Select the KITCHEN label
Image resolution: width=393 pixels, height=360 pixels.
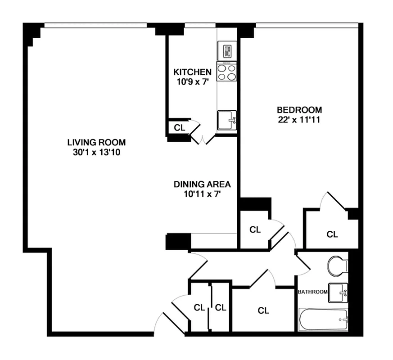tap(192, 72)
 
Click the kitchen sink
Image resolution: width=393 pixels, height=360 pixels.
tap(227, 120)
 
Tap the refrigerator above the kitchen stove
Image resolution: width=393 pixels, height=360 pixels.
tap(226, 49)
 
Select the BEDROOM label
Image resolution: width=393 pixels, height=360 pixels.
tap(299, 109)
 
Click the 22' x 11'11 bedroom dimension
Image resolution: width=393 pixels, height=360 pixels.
tap(299, 120)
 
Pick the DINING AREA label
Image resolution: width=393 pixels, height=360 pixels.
tap(202, 184)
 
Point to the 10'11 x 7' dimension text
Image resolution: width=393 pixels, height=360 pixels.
tap(202, 194)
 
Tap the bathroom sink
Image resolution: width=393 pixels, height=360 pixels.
tap(339, 293)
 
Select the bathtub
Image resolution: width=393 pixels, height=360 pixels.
tap(324, 319)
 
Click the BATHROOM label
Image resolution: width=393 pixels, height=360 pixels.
tap(312, 292)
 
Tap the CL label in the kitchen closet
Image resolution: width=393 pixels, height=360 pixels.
tap(179, 127)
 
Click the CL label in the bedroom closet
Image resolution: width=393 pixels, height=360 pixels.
tap(332, 234)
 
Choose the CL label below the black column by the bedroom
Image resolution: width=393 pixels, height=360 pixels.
tap(255, 229)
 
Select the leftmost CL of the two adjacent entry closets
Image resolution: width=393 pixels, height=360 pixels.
tap(199, 308)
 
